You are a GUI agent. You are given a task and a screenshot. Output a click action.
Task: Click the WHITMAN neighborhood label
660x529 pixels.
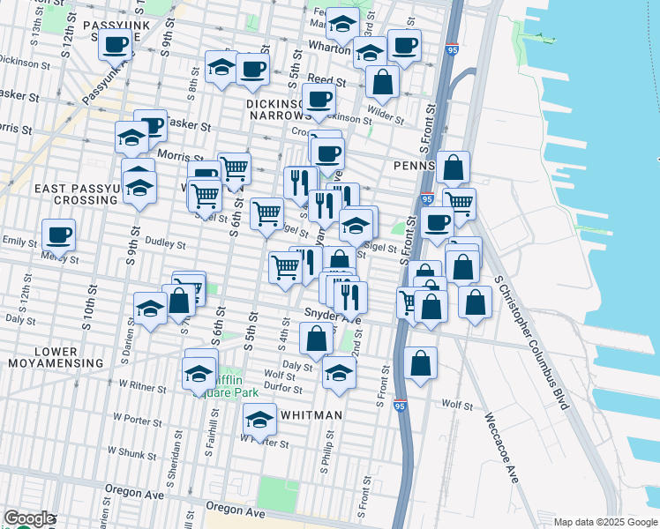coord(311,414)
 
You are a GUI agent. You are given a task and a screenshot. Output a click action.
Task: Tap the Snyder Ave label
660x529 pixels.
coord(326,312)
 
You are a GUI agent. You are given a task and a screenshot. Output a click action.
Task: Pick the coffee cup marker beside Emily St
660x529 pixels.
coord(58,235)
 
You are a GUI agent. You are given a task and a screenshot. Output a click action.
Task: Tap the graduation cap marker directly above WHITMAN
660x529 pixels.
coord(259,421)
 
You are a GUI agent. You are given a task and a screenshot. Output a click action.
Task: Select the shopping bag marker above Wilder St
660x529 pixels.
coord(382,82)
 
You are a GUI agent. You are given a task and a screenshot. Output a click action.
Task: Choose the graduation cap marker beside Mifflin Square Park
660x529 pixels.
coord(199,372)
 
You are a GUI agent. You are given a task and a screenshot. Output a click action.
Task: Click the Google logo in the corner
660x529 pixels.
coord(30,519)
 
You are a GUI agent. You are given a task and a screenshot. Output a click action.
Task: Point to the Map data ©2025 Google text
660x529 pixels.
coord(604,521)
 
